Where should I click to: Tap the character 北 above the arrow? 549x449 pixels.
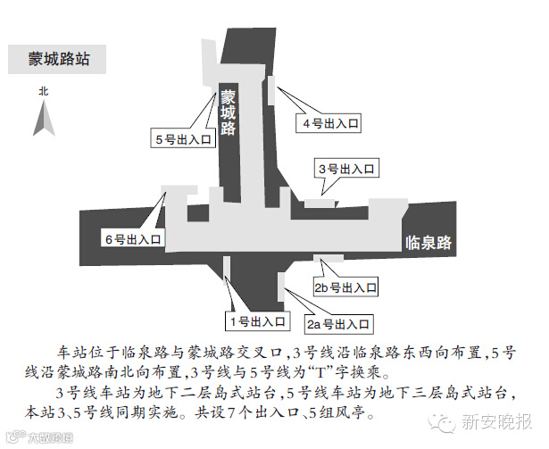[x=42, y=91]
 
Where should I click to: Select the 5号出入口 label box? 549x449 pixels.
[x=183, y=140]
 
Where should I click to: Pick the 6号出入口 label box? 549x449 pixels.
[x=133, y=239]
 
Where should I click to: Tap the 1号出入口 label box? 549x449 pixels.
[x=254, y=320]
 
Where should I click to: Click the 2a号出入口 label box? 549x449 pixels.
[x=340, y=322]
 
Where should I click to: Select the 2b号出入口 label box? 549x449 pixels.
[x=345, y=288]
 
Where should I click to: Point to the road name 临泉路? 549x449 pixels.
[x=429, y=242]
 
